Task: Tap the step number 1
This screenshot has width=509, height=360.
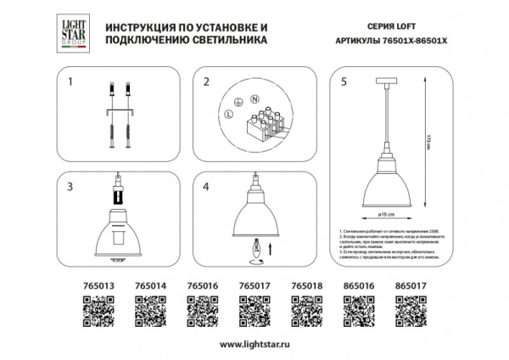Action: tap(71, 82)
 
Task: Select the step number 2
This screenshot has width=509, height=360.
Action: tap(205, 82)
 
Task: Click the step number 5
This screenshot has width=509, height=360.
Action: tap(343, 82)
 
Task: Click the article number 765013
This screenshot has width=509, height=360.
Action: tap(81, 288)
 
